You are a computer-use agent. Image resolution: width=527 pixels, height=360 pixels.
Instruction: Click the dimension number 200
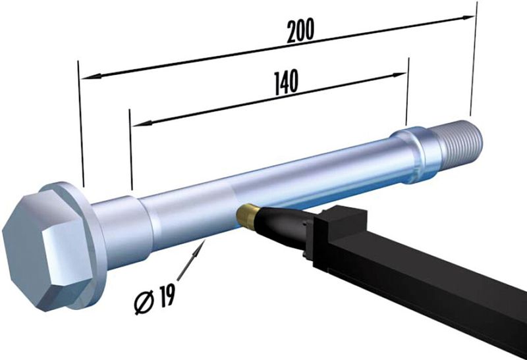coord(300,30)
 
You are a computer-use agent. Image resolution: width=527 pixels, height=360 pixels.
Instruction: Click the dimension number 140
coord(286,82)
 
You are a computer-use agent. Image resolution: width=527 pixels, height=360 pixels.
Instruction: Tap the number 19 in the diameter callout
coord(167,296)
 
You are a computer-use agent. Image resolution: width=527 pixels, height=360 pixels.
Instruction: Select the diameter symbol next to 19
coord(144,301)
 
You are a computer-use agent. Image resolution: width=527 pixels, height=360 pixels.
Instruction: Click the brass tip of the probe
coord(248,215)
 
